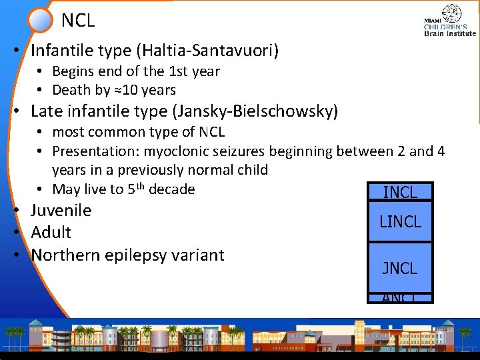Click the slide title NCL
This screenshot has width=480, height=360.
tap(78, 21)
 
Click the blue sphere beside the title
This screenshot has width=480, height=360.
tap(41, 20)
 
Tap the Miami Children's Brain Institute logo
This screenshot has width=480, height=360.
tap(450, 21)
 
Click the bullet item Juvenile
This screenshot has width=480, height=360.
tap(61, 211)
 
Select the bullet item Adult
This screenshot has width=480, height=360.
tap(51, 233)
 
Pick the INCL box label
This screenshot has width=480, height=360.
tap(400, 193)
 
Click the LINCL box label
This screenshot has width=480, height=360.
tap(400, 222)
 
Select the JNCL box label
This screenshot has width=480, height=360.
tap(400, 268)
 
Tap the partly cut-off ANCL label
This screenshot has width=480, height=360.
tap(400, 298)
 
